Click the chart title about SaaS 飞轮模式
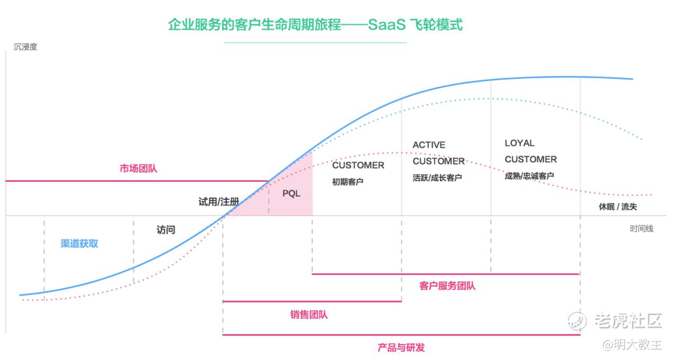click(315, 25)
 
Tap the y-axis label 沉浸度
click(25, 47)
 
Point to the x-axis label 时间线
click(641, 228)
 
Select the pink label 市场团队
click(138, 169)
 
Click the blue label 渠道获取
click(79, 244)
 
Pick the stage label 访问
click(165, 230)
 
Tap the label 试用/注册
click(218, 201)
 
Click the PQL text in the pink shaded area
click(291, 193)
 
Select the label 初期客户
click(348, 182)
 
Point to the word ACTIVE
click(429, 145)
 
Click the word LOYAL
click(520, 143)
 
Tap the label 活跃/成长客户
click(437, 178)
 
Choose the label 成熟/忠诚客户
click(529, 176)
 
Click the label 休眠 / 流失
click(617, 207)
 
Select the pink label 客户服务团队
click(447, 286)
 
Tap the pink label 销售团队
click(309, 315)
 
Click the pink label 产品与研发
click(401, 347)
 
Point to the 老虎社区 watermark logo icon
click(578, 320)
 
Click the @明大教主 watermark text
click(632, 345)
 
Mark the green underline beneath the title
click(315, 42)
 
